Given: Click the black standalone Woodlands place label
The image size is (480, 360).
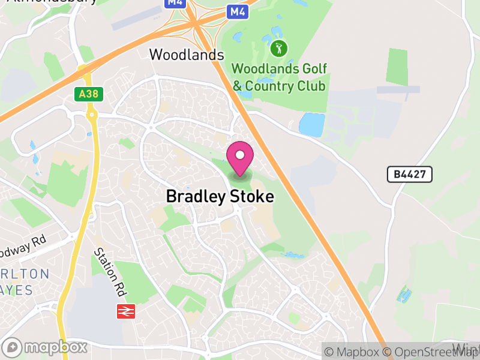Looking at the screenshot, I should [187, 55].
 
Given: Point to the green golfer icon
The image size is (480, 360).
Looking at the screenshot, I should [278, 47].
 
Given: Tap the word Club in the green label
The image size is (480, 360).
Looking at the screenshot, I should [311, 86].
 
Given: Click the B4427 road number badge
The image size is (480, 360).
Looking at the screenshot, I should [409, 175].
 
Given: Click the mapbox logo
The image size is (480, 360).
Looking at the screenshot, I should [45, 347].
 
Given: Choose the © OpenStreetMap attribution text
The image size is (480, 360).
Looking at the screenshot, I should [429, 352].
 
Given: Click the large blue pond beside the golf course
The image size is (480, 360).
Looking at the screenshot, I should [311, 124].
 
